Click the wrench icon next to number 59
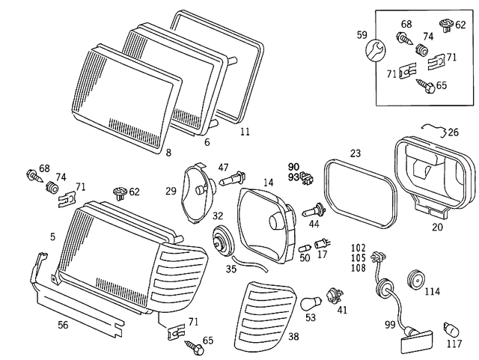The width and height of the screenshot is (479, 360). pos(375,50)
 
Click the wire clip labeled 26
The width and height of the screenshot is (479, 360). pos(434,131)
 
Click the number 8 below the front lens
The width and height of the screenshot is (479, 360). pos(168,153)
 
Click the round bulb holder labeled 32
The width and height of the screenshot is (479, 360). pos(222,241)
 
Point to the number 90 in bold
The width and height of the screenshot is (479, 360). pos(293,165)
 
